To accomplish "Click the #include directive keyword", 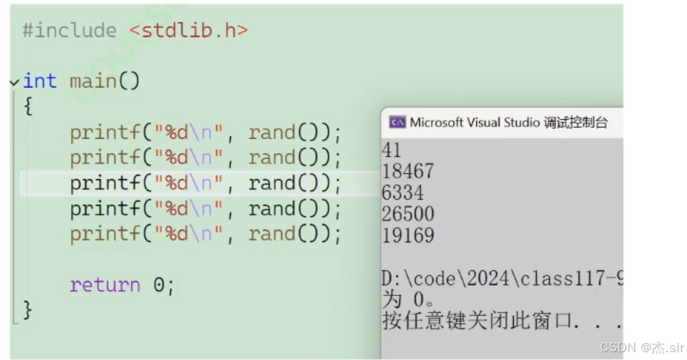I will pos(69,31).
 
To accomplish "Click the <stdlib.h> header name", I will pos(189,31).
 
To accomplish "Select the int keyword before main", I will pos(40,81).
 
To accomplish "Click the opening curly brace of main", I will pos(28,107).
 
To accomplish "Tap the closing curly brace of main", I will pos(28,310).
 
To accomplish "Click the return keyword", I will pos(105,285).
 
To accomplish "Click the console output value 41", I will pos(392,150).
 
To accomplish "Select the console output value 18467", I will pos(408,172).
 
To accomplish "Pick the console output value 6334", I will pos(403,193).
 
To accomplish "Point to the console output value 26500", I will pos(408,215).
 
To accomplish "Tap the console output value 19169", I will pos(408,236).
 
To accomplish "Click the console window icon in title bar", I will pos(397,123).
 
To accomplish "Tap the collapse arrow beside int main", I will pos(15,82).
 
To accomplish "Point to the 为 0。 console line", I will pos(409,299).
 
